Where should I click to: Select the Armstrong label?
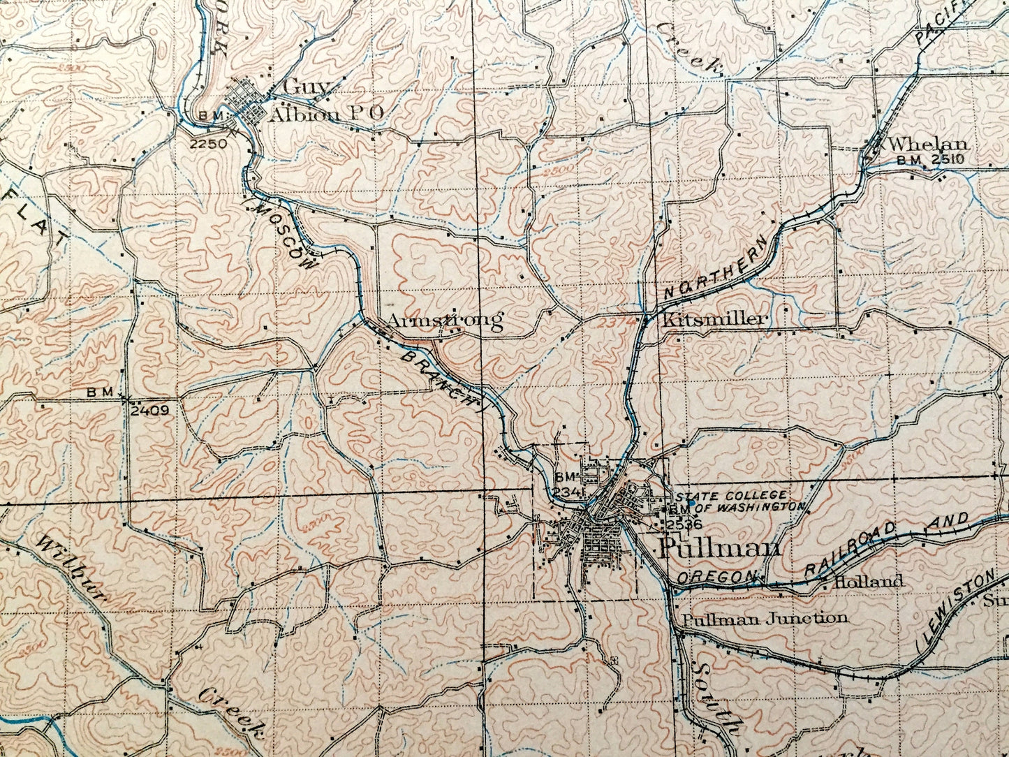tap(445, 321)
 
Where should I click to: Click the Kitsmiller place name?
tap(714, 320)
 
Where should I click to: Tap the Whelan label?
tap(929, 145)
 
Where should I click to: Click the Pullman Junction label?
tap(765, 617)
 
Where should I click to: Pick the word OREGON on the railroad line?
tap(716, 577)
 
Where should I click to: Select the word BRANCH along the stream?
tap(441, 378)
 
